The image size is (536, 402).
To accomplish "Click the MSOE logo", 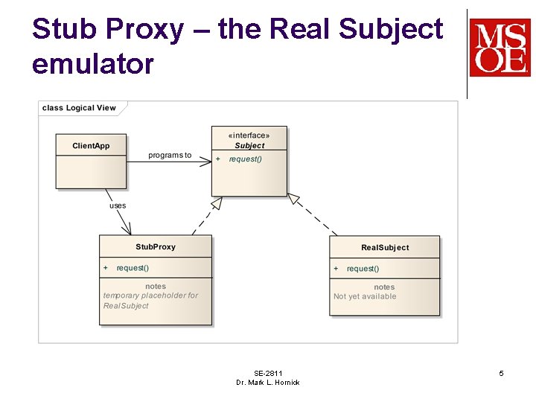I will (500, 48).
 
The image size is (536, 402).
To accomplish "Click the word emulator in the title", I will (93, 64).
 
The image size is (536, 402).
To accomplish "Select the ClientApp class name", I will (91, 146).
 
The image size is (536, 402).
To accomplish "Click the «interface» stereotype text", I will (249, 135).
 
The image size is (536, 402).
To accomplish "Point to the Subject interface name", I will (249, 146).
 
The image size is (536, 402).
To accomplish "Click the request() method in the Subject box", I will (245, 159).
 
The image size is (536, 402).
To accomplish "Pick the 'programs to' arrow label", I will (170, 156).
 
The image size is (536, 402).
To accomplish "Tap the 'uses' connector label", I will (118, 205).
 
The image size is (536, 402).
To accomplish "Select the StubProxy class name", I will (156, 246).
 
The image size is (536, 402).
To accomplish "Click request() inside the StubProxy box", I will (133, 268).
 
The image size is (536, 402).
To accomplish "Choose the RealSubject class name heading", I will (385, 247).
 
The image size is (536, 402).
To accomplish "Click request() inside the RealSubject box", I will (363, 269).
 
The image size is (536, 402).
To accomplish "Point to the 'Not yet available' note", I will (365, 296).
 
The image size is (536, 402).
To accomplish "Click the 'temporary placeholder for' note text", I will (150, 296).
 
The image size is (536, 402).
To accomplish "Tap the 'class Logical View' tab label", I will (79, 108).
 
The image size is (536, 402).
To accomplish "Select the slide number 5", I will (501, 373).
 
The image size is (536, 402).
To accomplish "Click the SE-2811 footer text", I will (268, 373).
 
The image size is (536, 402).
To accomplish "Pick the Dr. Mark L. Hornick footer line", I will (268, 383).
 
